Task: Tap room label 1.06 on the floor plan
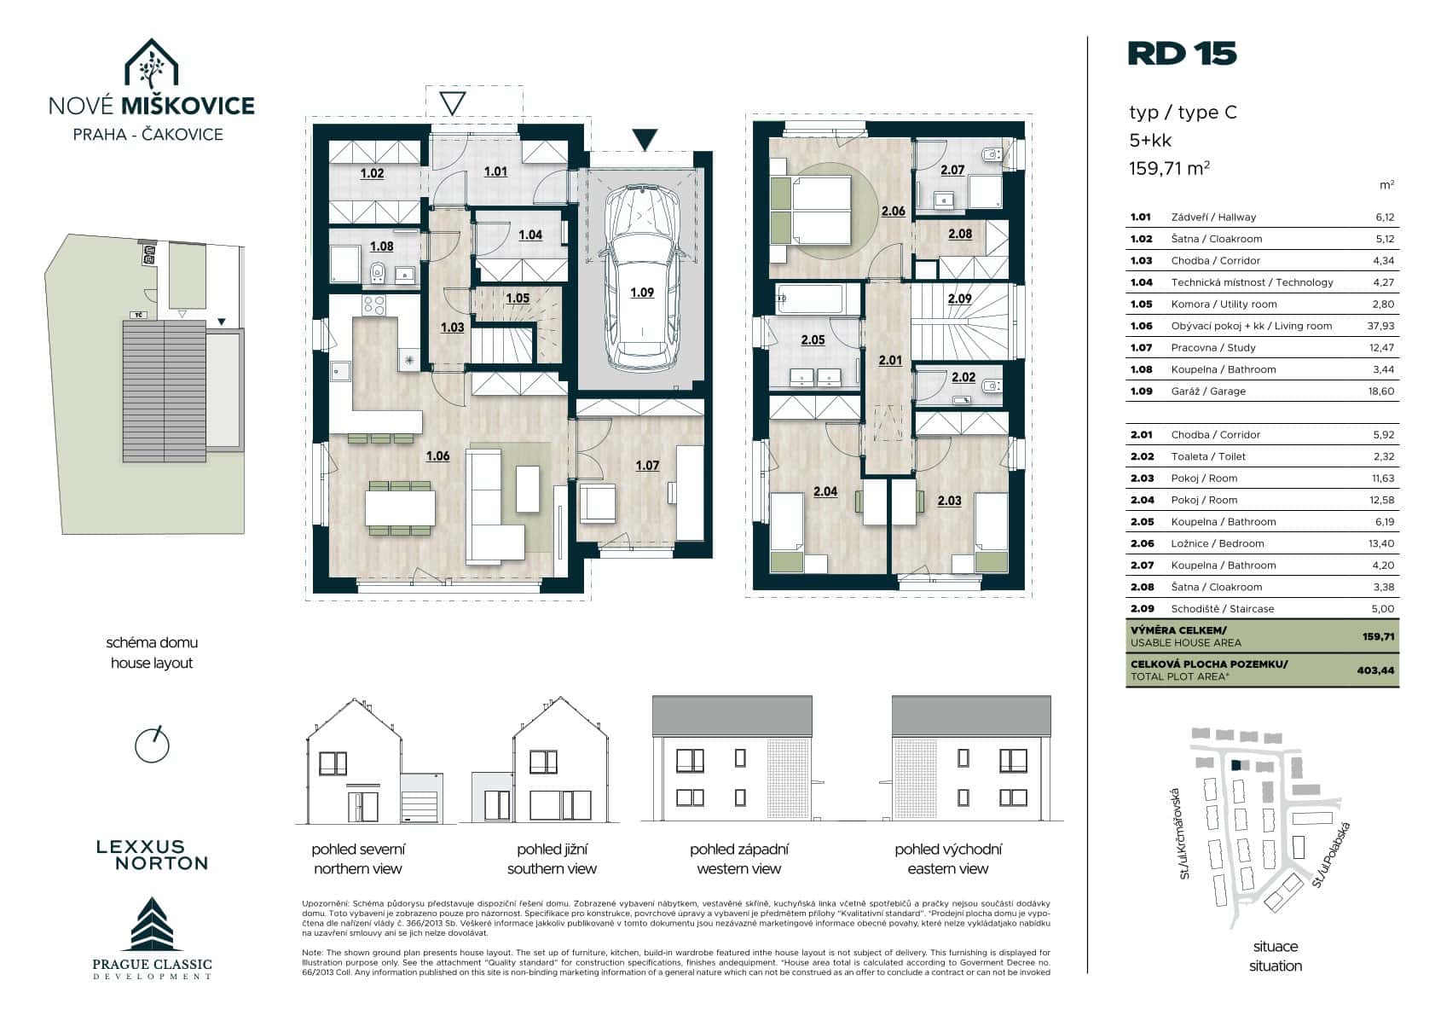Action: [x=438, y=456]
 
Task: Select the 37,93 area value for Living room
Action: [x=1380, y=326]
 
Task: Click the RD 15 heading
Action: [x=1182, y=54]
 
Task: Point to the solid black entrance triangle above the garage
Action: [x=645, y=139]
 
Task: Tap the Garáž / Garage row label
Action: [x=1208, y=391]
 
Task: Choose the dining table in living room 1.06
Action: [x=400, y=507]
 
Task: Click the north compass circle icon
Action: [x=152, y=745]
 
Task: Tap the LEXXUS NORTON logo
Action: [x=153, y=855]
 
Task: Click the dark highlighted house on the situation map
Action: [x=1235, y=765]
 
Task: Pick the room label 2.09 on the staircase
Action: [x=960, y=299]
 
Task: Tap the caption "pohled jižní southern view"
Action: [x=552, y=859]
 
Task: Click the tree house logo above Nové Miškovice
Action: [x=151, y=63]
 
